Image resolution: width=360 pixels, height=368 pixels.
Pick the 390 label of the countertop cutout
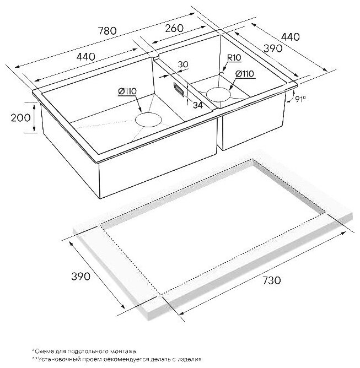(x=81, y=276)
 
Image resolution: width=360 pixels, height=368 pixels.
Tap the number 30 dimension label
(x=184, y=64)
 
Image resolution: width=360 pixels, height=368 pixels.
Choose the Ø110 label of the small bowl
(x=244, y=74)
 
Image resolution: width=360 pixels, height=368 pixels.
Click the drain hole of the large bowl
(x=147, y=120)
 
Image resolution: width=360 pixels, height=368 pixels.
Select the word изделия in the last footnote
(x=188, y=359)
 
